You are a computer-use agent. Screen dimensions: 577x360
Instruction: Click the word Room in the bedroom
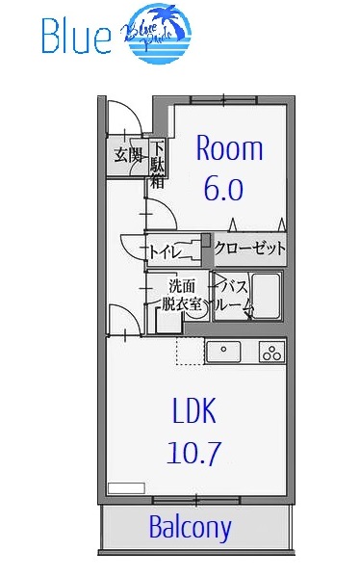pyautogui.click(x=229, y=148)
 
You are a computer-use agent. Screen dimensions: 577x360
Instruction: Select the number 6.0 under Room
pyautogui.click(x=221, y=188)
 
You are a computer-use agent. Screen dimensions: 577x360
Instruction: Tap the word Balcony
pyautogui.click(x=191, y=527)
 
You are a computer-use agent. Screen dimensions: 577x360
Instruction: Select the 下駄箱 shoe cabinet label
pyautogui.click(x=157, y=164)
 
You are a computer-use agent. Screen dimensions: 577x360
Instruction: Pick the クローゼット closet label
pyautogui.click(x=250, y=249)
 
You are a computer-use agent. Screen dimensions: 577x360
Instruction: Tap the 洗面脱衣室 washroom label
pyautogui.click(x=181, y=295)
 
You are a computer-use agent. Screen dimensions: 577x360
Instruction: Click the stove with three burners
pyautogui.click(x=272, y=353)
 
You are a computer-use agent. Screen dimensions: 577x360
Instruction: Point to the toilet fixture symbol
pyautogui.click(x=199, y=249)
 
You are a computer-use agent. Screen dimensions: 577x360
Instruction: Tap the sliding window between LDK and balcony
pyautogui.click(x=195, y=498)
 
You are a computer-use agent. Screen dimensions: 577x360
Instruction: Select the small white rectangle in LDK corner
pyautogui.click(x=125, y=488)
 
